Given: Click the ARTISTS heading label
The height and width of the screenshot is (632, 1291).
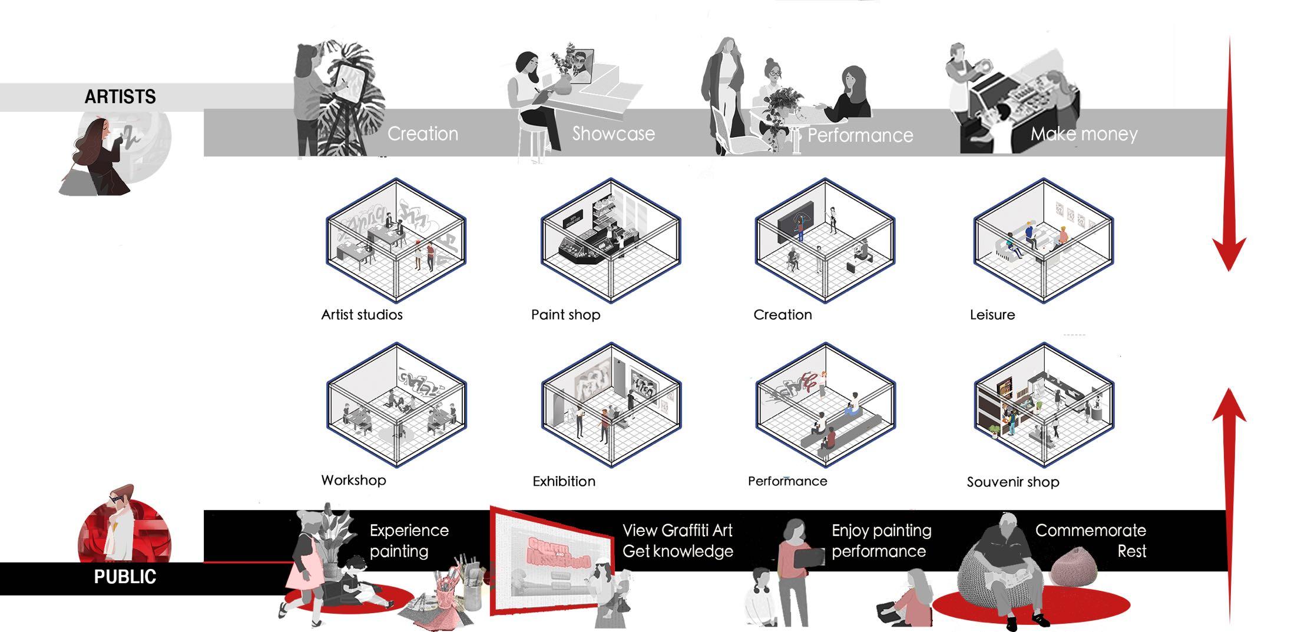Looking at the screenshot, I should tap(120, 97).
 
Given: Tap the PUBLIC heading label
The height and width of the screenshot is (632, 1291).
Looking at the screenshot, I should tap(125, 577).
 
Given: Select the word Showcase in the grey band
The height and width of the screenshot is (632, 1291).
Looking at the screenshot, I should tap(613, 134).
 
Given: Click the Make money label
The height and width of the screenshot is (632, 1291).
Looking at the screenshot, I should tap(1084, 134).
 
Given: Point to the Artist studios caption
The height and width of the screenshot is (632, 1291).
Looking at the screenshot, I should tap(362, 315).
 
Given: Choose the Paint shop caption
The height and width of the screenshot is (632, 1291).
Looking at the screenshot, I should tap(565, 315).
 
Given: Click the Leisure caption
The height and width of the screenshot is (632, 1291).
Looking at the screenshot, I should tap(992, 315).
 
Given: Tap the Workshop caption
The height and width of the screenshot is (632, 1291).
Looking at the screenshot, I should tap(353, 480).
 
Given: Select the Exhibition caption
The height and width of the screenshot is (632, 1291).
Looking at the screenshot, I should tap(564, 481).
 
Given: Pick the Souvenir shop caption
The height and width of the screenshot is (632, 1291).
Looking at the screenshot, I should tap(1012, 482).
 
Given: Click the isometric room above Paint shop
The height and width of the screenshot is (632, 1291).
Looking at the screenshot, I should tap(611, 240).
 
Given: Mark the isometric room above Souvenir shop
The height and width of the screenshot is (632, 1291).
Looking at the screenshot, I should tap(1044, 405).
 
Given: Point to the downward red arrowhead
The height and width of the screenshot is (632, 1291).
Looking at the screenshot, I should tap(1229, 253).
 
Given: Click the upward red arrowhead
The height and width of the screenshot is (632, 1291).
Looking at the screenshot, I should tap(1229, 406).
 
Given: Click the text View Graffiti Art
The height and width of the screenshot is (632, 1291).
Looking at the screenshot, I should tap(677, 531).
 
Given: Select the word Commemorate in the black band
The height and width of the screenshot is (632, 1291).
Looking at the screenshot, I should tap(1090, 531).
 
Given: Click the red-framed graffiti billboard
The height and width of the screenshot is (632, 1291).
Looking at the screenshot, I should tap(551, 562).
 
